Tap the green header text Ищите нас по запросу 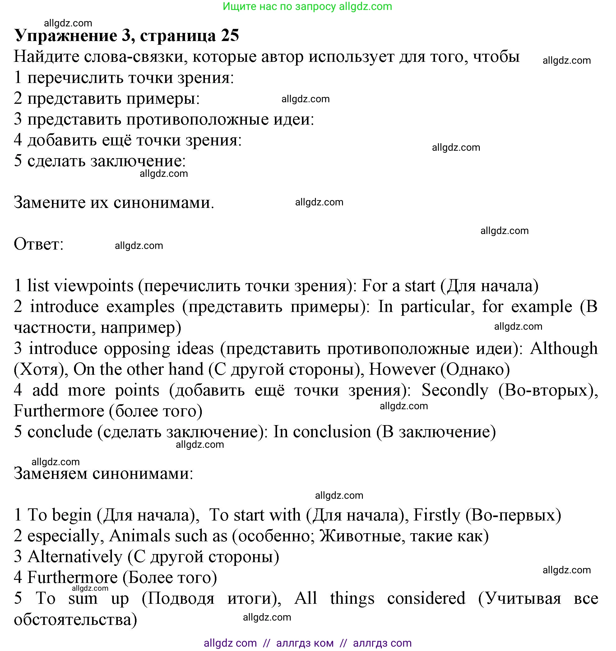pyautogui.click(x=279, y=6)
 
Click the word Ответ pyautogui.click(x=39, y=244)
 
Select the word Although pyautogui.click(x=564, y=348)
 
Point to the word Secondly pyautogui.click(x=455, y=391)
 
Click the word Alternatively pyautogui.click(x=75, y=557)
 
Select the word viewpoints pyautogui.click(x=94, y=286)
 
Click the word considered pyautogui.click(x=426, y=598)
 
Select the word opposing pyautogui.click(x=137, y=348)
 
